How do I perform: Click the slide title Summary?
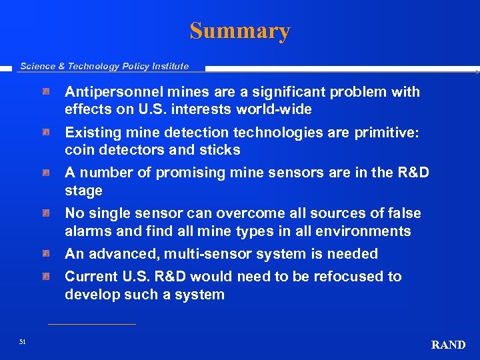[x=240, y=31]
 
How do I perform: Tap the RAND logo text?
[x=449, y=345]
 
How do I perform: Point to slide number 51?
[x=23, y=342]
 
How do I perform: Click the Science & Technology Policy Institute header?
[x=104, y=66]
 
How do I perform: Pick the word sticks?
[x=219, y=150]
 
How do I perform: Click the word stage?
[x=83, y=191]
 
